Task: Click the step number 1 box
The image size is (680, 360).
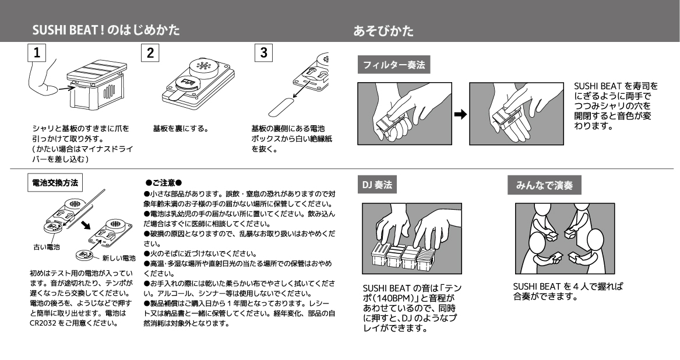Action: click(x=37, y=53)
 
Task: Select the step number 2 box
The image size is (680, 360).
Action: click(x=150, y=53)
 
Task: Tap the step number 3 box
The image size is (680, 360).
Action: click(x=264, y=53)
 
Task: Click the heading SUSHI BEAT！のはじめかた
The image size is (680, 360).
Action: click(x=106, y=30)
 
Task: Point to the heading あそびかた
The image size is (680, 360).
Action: click(x=383, y=30)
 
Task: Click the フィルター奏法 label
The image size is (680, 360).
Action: click(x=394, y=65)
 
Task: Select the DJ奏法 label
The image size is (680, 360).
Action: click(x=377, y=185)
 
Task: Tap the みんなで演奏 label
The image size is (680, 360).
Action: click(x=544, y=185)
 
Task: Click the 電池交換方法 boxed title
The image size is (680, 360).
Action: click(x=55, y=183)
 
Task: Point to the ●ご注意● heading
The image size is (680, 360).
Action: click(x=164, y=183)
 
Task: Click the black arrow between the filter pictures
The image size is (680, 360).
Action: click(x=460, y=115)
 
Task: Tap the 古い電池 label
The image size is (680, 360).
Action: click(x=47, y=247)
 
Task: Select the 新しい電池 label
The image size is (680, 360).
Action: click(x=119, y=259)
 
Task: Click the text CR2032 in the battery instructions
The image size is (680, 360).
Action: click(x=43, y=323)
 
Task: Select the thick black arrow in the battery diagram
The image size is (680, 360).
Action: click(x=86, y=225)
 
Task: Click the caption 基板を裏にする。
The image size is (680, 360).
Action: click(x=181, y=129)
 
